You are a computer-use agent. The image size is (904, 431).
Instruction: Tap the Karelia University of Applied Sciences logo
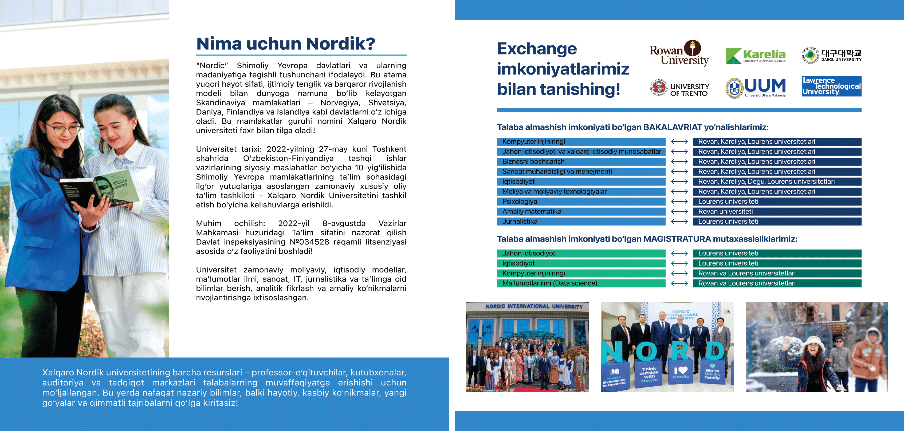755,56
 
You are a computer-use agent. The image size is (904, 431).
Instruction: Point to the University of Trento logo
679,88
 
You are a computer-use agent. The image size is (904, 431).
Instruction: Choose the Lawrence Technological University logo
831,86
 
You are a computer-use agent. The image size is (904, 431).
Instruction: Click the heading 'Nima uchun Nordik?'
286,44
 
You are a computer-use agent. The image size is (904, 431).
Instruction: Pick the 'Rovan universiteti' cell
777,211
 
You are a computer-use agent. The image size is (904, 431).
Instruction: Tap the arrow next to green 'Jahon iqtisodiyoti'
679,254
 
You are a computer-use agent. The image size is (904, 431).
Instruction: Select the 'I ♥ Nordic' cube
681,373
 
